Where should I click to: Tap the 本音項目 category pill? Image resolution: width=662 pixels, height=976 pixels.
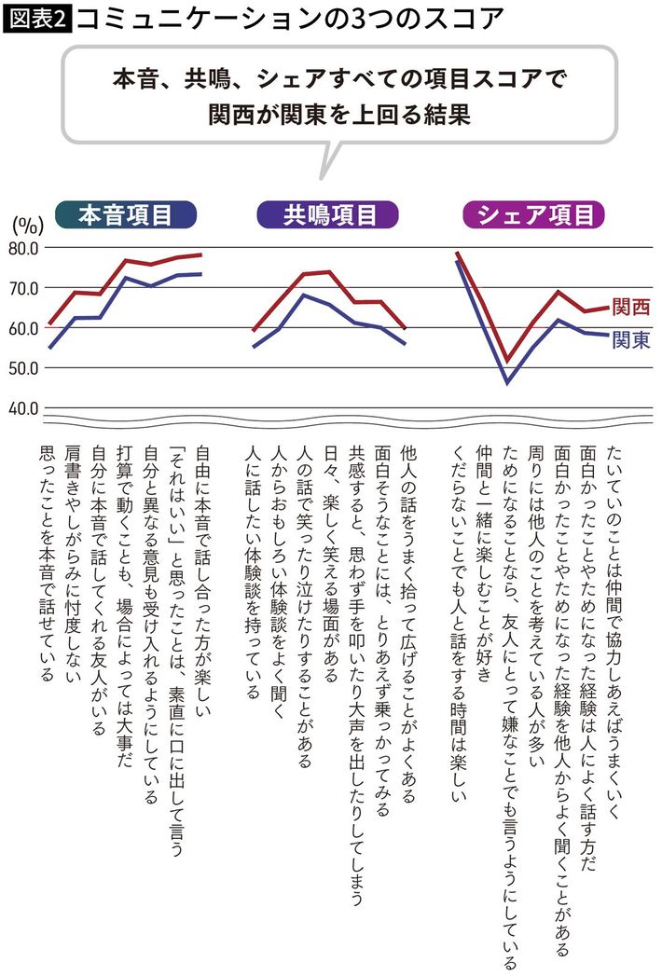click(x=125, y=216)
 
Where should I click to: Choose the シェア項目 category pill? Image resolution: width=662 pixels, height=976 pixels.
click(x=534, y=216)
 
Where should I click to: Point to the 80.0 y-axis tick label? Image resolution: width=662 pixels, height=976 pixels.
click(x=22, y=248)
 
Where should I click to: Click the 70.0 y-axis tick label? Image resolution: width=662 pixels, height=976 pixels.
click(x=22, y=288)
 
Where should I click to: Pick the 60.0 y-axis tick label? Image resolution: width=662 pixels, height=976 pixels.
click(x=22, y=328)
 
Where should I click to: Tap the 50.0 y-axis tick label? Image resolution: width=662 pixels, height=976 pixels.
click(x=22, y=368)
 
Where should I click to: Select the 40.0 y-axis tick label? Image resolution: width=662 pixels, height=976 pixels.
click(x=22, y=408)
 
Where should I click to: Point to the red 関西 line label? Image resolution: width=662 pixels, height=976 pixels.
click(x=630, y=308)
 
